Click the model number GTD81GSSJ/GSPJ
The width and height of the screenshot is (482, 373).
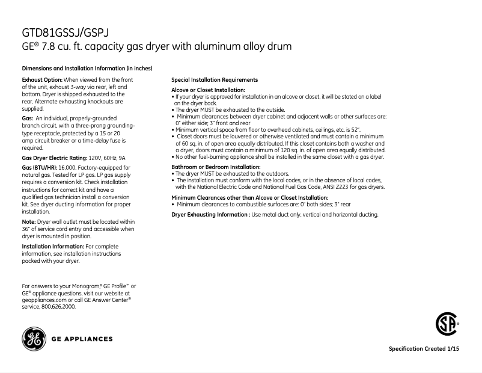point(66,32)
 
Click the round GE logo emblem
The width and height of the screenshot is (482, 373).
point(33,339)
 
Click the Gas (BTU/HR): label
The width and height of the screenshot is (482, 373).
point(40,167)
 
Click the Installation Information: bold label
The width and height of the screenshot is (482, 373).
point(53,247)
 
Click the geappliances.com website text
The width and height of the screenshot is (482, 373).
point(44,299)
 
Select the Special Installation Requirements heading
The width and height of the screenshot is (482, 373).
point(215,80)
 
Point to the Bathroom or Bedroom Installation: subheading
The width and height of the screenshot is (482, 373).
point(216,167)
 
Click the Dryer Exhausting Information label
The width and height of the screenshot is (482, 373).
point(210,215)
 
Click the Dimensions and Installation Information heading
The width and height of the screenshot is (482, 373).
point(87,68)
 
